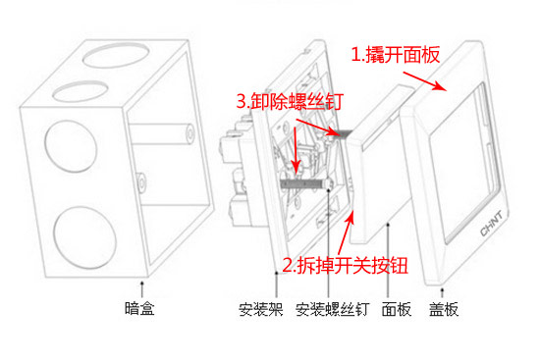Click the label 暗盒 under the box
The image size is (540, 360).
click(x=139, y=308)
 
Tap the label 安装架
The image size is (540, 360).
click(x=261, y=309)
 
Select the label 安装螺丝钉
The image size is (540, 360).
click(x=332, y=309)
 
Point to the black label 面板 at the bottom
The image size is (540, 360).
click(x=397, y=309)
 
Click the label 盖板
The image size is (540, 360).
click(x=444, y=309)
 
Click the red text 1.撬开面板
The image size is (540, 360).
click(x=396, y=54)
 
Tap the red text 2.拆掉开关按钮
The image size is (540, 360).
click(x=346, y=265)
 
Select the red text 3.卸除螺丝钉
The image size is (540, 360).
click(x=290, y=101)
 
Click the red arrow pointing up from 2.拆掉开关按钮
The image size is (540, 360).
click(x=347, y=233)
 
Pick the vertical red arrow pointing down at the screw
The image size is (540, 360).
click(x=296, y=149)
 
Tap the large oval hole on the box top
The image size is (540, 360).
click(x=117, y=55)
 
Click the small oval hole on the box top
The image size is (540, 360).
click(x=81, y=91)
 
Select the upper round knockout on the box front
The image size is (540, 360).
click(x=71, y=146)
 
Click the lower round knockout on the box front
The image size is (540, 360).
click(x=85, y=237)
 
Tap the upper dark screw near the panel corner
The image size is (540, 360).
click(x=340, y=132)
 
